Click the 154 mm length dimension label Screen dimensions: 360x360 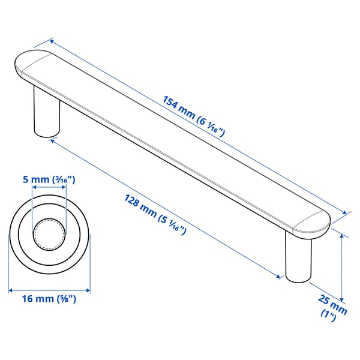(x=194, y=116)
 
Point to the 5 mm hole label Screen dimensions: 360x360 (x=49, y=179)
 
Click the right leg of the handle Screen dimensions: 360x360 (x=298, y=258)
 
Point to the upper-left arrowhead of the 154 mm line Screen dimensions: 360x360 (x=52, y=41)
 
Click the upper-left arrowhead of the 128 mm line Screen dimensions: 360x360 (x=53, y=140)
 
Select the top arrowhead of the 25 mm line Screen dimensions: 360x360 (x=342, y=235)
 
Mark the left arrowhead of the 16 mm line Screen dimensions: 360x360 (x=10, y=290)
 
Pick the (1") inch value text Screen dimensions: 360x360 (x=329, y=314)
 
